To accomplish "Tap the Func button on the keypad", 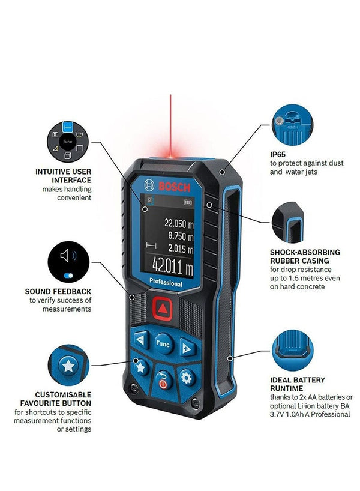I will click(163, 343).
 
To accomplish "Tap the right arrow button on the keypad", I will click(187, 348).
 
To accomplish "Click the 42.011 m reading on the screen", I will click(172, 264).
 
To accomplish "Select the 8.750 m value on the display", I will click(180, 235).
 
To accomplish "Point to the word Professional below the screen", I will click(166, 282).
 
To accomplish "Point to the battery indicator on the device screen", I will click(191, 202).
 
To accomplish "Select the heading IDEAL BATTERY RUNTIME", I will click(297, 384).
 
